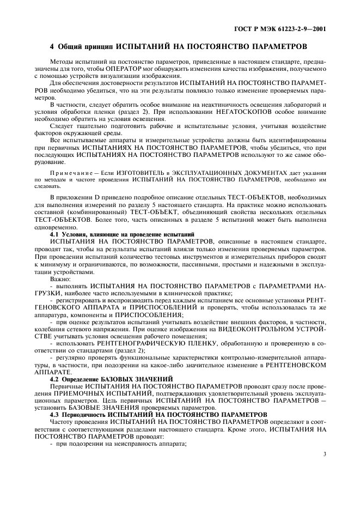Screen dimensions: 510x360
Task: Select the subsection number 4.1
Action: pyautogui.click(x=55, y=233)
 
